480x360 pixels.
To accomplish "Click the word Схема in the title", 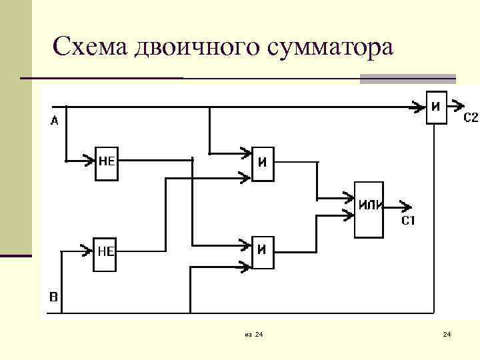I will pyautogui.click(x=91, y=48).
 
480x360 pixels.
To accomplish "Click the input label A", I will pyautogui.click(x=54, y=121).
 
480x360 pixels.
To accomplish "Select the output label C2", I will pyautogui.click(x=470, y=118).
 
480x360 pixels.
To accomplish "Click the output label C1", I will pyautogui.click(x=408, y=221).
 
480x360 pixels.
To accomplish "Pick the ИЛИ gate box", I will pyautogui.click(x=369, y=209).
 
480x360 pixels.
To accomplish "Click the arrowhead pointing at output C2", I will pyautogui.click(x=457, y=105).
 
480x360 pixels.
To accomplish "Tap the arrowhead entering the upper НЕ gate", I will pyautogui.click(x=89, y=160).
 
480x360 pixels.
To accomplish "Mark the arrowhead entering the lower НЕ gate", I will pyautogui.click(x=87, y=251).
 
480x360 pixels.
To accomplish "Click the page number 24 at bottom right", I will pyautogui.click(x=447, y=333).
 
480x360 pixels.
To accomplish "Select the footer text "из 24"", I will pyautogui.click(x=253, y=333).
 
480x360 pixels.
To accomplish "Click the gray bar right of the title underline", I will pyautogui.click(x=407, y=79).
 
